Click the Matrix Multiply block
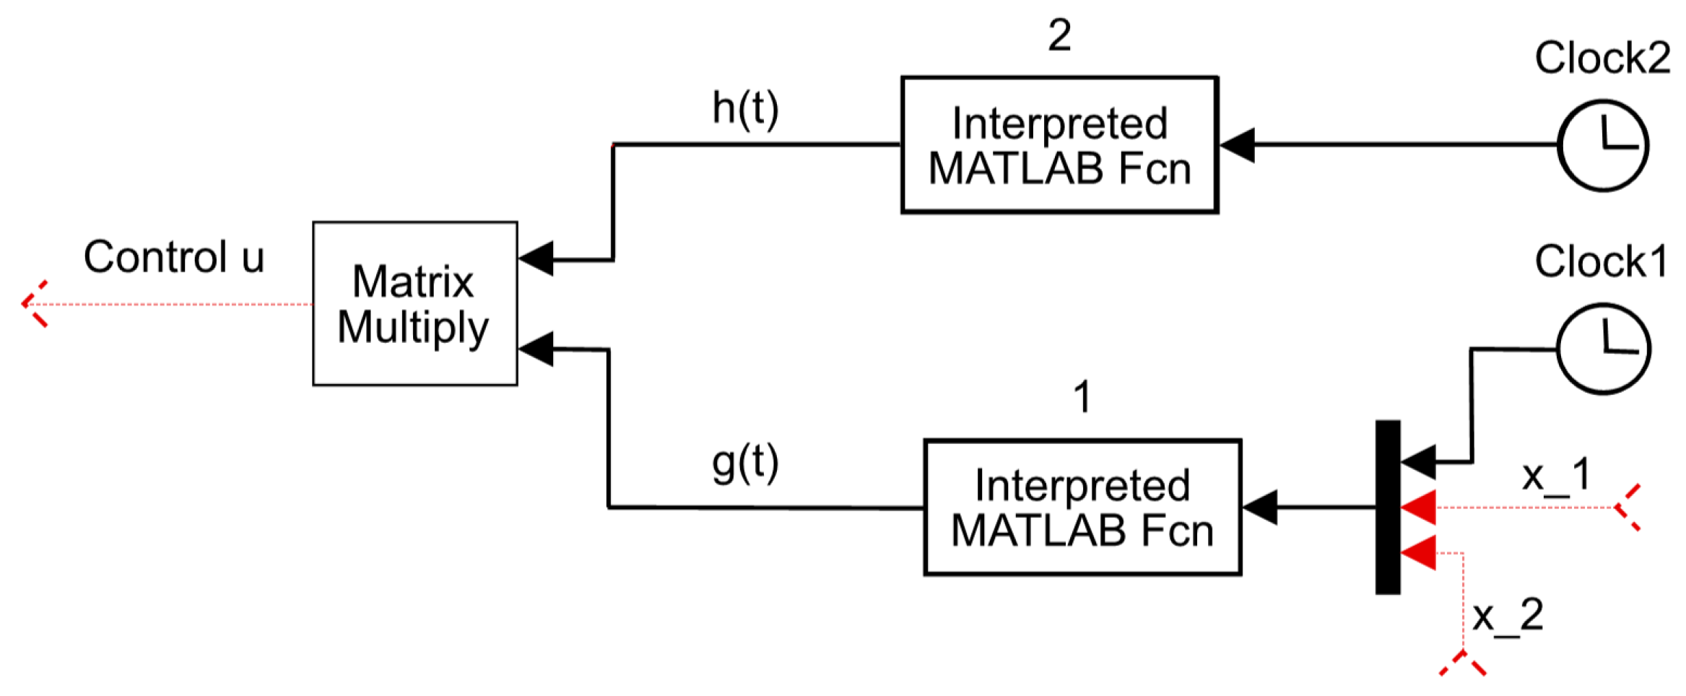coord(414,303)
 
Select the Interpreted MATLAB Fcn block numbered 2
coord(1059,145)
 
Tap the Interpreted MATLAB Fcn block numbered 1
coord(1082,508)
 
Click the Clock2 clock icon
coord(1603,145)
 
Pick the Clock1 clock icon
coord(1603,349)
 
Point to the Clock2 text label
coord(1602,58)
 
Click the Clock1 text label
coord(1601,261)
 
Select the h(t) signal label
coord(745,108)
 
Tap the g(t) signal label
coord(745,464)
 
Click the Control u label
coord(174,257)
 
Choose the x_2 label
coord(1508,616)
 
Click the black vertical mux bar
coord(1388,508)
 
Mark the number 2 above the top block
coord(1059,35)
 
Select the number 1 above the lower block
coord(1082,397)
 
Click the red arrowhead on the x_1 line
coord(1417,508)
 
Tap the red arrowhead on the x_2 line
coord(1417,553)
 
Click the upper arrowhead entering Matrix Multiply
coord(536,258)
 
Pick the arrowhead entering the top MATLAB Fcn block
coord(1237,145)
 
